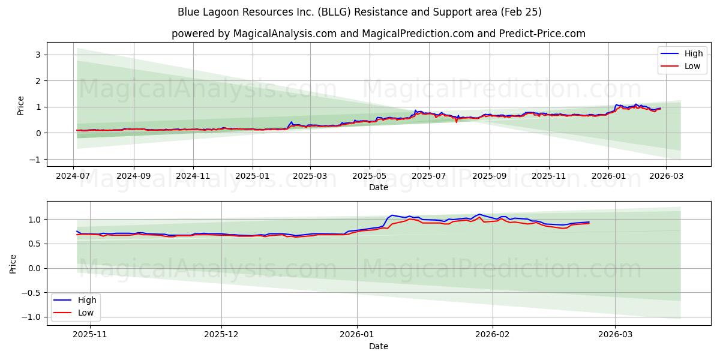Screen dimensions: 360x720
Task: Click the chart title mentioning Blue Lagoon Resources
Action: click(x=359, y=12)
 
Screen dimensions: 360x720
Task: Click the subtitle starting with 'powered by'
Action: click(x=378, y=34)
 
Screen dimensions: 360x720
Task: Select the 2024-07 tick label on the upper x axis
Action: click(x=73, y=176)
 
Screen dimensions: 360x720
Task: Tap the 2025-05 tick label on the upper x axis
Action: click(x=369, y=176)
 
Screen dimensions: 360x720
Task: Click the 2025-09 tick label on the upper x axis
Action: click(x=490, y=176)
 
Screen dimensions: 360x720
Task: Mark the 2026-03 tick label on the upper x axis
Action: click(x=666, y=176)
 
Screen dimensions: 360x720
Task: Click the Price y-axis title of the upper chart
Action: click(x=20, y=106)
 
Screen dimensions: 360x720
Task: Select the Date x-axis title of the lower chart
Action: click(x=378, y=346)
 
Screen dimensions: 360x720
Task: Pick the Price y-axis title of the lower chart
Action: click(x=13, y=263)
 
